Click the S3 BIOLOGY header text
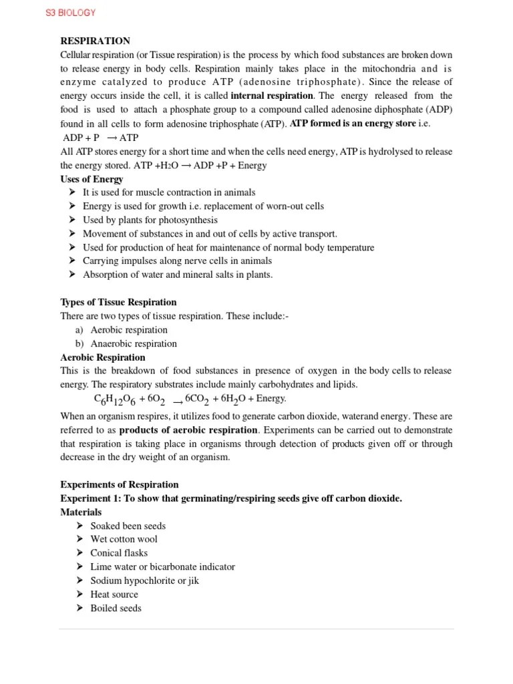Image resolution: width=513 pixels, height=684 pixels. pyautogui.click(x=70, y=13)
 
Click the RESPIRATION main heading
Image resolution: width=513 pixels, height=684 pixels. pyautogui.click(x=95, y=41)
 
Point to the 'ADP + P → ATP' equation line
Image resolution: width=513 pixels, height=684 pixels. pyautogui.click(x=100, y=138)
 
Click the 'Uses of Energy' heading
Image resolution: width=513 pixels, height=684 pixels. pyautogui.click(x=92, y=179)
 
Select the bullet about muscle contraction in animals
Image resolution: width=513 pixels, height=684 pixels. pyautogui.click(x=169, y=192)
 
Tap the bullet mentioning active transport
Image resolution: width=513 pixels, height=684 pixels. pyautogui.click(x=210, y=234)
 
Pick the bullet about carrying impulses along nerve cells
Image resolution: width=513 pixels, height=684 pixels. pyautogui.click(x=177, y=261)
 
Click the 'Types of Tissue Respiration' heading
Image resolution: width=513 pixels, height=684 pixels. pyautogui.click(x=118, y=302)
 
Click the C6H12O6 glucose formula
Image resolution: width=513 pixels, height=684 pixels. pyautogui.click(x=116, y=399)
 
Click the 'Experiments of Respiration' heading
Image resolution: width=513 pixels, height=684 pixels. pyautogui.click(x=120, y=484)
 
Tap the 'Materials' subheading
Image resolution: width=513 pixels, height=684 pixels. pyautogui.click(x=81, y=512)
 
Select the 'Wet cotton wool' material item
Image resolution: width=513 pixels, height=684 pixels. pyautogui.click(x=124, y=539)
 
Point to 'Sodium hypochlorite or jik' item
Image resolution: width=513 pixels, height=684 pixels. pyautogui.click(x=145, y=580)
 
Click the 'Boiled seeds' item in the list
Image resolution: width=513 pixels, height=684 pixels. pyautogui.click(x=116, y=608)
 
